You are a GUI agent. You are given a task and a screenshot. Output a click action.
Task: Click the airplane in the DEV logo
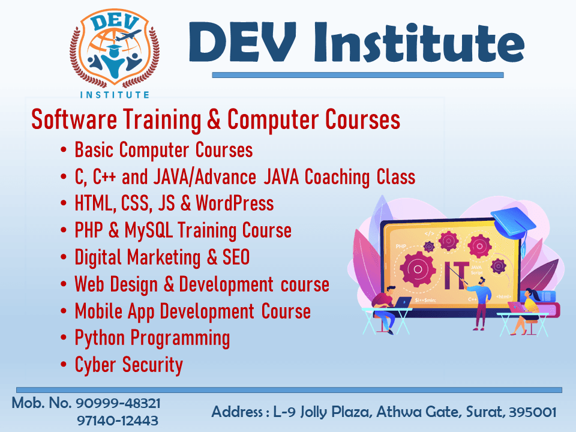[128, 35]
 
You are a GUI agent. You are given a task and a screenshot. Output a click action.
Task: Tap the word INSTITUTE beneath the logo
[115, 95]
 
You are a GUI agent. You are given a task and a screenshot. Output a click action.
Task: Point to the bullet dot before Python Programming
[64, 338]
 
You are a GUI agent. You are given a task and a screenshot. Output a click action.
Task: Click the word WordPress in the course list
[235, 203]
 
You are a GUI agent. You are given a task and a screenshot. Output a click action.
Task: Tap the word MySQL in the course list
[149, 230]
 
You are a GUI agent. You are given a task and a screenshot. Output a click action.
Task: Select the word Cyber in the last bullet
[95, 365]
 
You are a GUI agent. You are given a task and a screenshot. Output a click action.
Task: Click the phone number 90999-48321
[118, 403]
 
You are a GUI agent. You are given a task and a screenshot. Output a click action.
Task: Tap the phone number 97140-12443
[118, 421]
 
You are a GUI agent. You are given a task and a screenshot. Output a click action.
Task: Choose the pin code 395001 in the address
[533, 412]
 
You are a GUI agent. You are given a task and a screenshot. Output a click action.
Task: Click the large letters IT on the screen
[457, 275]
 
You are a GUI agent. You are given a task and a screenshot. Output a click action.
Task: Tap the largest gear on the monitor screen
[418, 269]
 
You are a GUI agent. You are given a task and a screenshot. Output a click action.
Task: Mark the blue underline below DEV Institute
[358, 75]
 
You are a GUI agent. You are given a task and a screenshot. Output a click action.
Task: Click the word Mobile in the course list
[98, 311]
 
